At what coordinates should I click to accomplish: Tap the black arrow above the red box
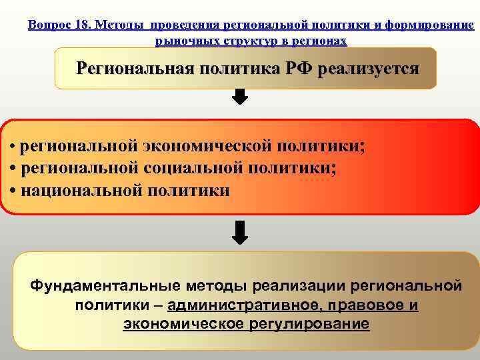[x=240, y=97]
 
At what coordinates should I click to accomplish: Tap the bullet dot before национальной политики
[x=15, y=191]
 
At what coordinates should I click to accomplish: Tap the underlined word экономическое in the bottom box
[x=183, y=325]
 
